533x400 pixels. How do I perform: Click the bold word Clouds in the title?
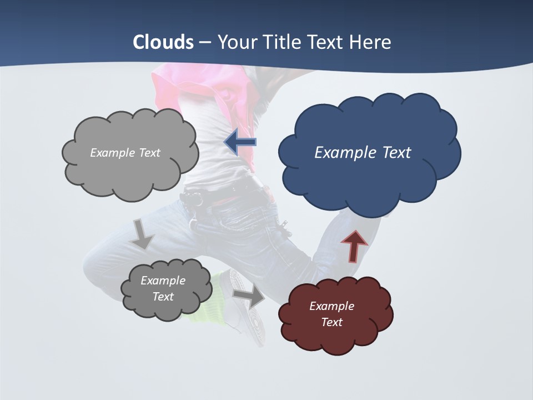click(163, 42)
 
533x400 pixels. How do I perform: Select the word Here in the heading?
click(371, 42)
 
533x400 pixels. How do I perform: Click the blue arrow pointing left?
click(240, 142)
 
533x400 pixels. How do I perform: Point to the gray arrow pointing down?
click(143, 233)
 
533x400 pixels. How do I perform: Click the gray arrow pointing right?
click(249, 296)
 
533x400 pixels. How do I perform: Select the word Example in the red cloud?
click(331, 306)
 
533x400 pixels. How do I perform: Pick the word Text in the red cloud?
click(331, 322)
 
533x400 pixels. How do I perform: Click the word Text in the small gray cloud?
click(163, 297)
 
